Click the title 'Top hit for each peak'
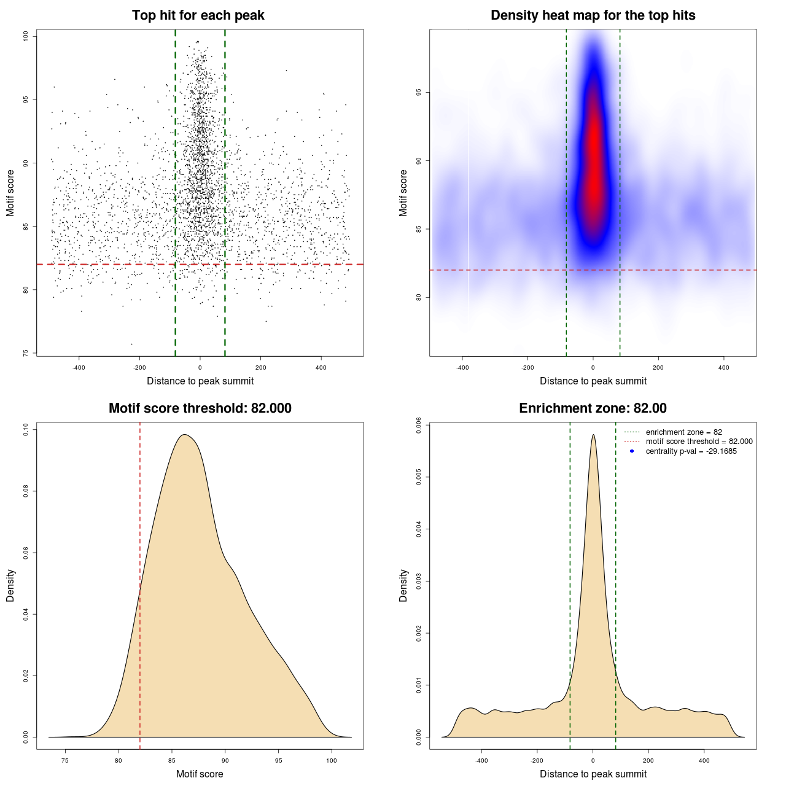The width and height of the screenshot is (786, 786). pos(198,15)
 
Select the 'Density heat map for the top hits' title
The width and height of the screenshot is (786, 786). pos(593,15)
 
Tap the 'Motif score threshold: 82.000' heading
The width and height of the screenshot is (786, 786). pos(200,408)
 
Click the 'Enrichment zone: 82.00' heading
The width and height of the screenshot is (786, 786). pos(593,408)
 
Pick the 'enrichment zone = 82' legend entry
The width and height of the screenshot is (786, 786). pos(683,432)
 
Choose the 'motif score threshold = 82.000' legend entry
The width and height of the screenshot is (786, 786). pos(699,442)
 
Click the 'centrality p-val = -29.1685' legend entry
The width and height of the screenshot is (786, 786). pos(691,451)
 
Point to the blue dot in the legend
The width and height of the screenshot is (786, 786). pos(632,451)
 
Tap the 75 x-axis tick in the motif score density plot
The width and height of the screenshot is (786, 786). pos(65,760)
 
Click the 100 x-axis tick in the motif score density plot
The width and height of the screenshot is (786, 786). pos(332,760)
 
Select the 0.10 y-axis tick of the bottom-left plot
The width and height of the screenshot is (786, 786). pos(26,430)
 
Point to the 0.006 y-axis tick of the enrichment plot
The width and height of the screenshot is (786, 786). pos(419,425)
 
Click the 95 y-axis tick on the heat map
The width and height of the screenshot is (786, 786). pos(419,93)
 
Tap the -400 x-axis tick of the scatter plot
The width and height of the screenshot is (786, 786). pos(79,367)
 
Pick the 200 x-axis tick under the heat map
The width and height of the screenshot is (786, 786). pos(658,367)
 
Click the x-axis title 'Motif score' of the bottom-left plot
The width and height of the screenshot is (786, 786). pos(200,774)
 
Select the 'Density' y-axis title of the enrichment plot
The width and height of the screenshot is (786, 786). pos(403,585)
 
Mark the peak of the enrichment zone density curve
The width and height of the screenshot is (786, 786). pos(593,435)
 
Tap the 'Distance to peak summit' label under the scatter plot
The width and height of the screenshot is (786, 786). pos(200,381)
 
